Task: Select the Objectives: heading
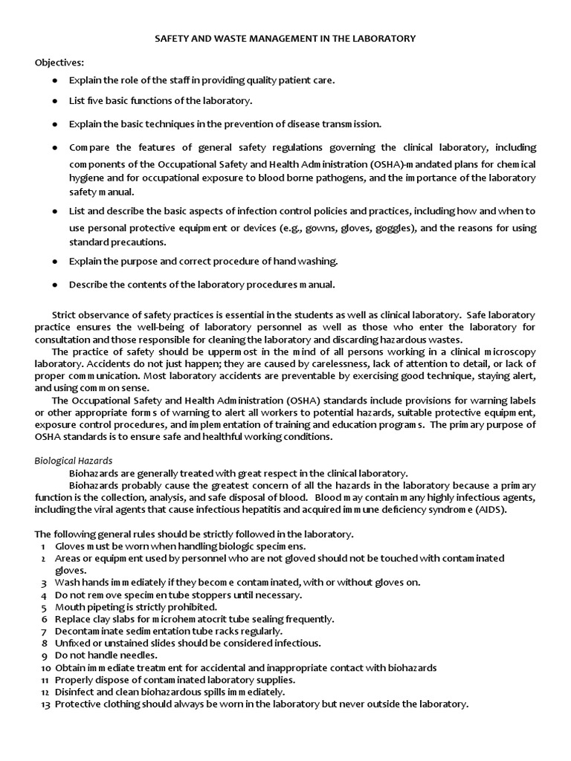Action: (59, 62)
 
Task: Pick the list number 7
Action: (45, 631)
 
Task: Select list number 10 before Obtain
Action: (44, 667)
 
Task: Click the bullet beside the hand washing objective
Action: (55, 262)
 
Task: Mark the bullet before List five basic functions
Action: (55, 100)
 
